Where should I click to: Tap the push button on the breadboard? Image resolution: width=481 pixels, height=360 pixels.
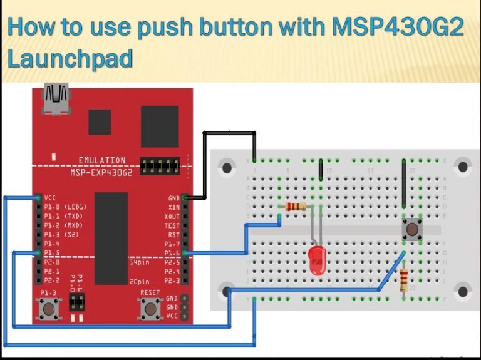click(x=411, y=229)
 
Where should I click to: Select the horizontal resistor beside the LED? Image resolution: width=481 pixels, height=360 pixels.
click(x=295, y=207)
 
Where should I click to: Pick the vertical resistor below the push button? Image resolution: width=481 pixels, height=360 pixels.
click(x=405, y=279)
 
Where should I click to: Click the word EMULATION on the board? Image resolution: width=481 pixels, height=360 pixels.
click(x=101, y=160)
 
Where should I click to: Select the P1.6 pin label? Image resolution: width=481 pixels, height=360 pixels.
click(x=171, y=253)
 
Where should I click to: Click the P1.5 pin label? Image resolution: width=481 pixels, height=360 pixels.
click(x=53, y=253)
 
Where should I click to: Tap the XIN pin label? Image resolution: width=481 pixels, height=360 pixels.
click(x=173, y=207)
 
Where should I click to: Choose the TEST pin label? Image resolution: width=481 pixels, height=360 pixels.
click(x=172, y=225)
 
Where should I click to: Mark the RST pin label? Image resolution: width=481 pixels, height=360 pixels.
click(x=173, y=235)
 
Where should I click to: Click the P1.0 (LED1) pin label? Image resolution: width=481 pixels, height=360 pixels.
click(x=65, y=207)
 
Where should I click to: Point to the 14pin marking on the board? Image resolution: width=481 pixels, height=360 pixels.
click(x=140, y=263)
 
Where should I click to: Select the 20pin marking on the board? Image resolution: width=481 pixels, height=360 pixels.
click(x=140, y=282)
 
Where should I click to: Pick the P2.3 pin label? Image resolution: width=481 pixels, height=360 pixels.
click(x=171, y=281)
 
